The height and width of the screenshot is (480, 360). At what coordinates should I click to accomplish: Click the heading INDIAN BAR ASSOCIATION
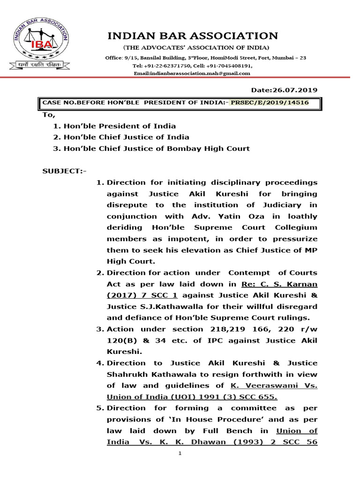pos(193,36)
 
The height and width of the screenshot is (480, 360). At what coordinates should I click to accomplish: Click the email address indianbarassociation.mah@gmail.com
pos(192,74)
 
